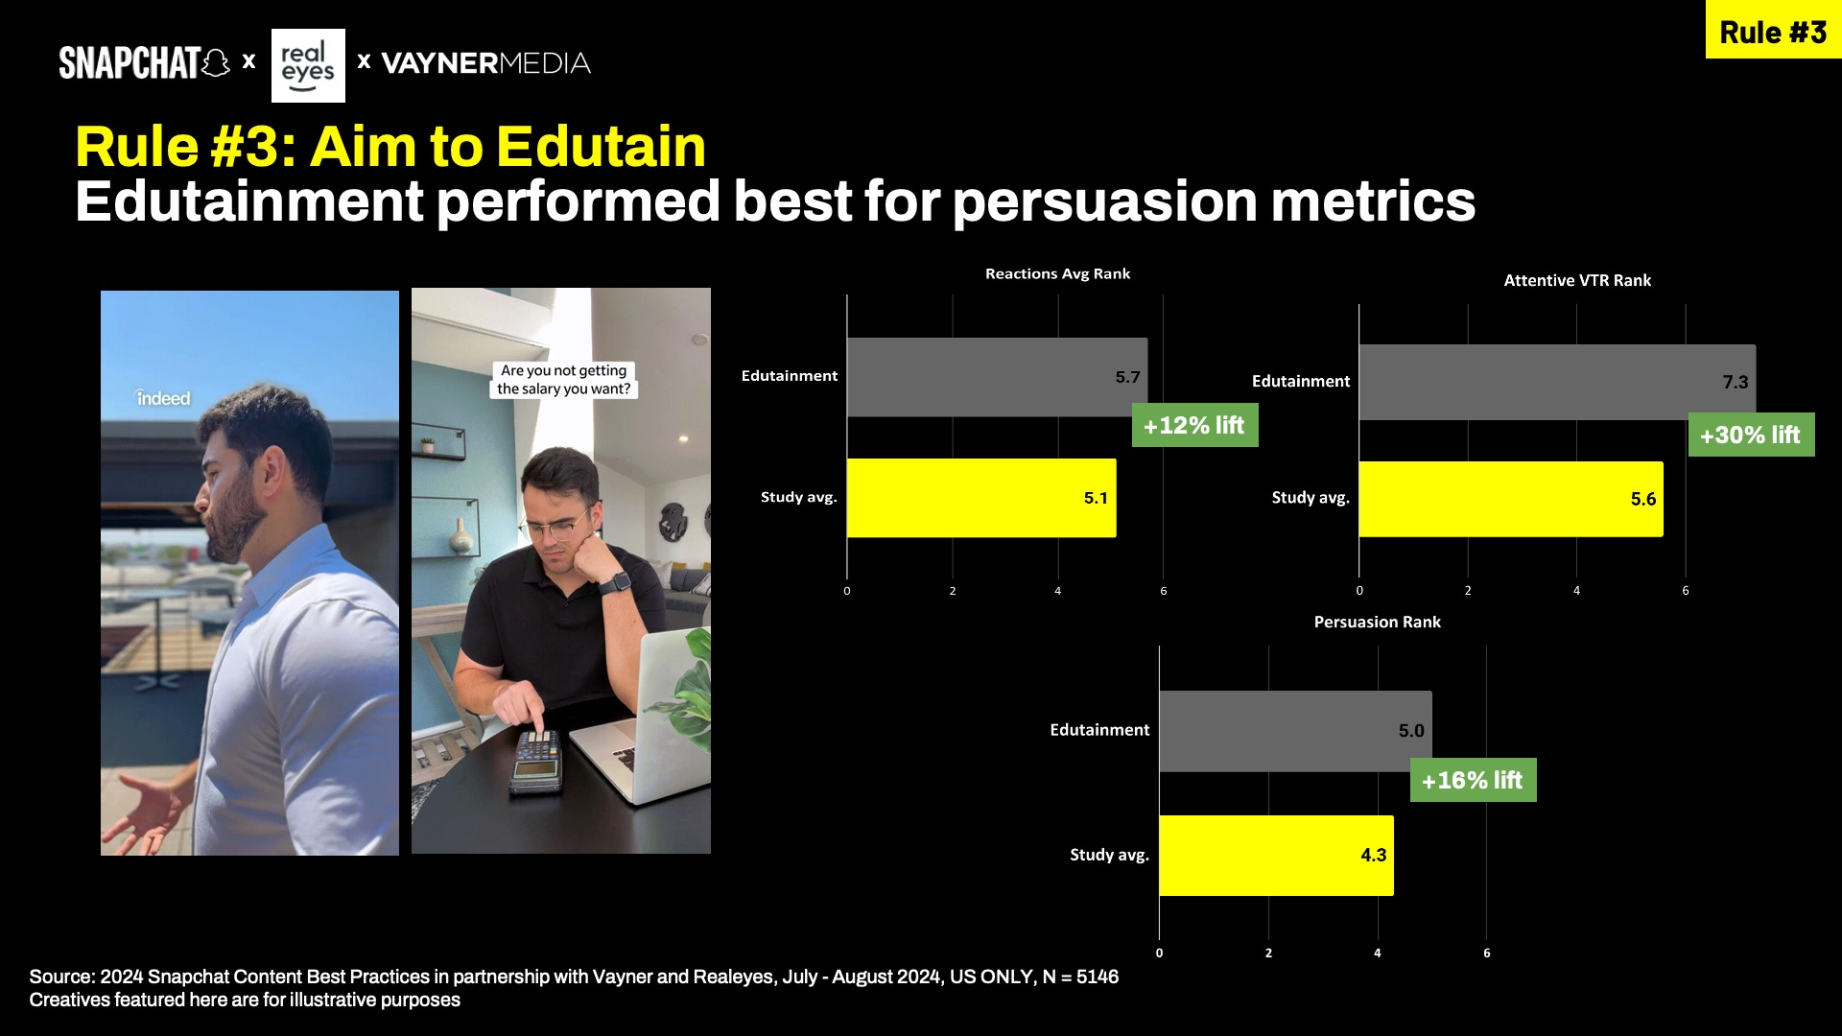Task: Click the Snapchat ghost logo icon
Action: pyautogui.click(x=216, y=63)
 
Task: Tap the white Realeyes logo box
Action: pyautogui.click(x=308, y=65)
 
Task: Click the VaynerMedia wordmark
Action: pyautogui.click(x=485, y=63)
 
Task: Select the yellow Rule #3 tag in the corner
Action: pyautogui.click(x=1773, y=31)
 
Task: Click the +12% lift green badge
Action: pyautogui.click(x=1194, y=425)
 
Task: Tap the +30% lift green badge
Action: pyautogui.click(x=1751, y=435)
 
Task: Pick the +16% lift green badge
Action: pyautogui.click(x=1473, y=780)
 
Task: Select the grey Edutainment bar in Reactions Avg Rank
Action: pyautogui.click(x=997, y=377)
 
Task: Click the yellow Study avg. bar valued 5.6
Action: pyautogui.click(x=1511, y=499)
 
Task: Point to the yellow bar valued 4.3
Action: pyautogui.click(x=1276, y=856)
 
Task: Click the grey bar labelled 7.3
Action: pyautogui.click(x=1557, y=382)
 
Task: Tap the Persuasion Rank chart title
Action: pyautogui.click(x=1377, y=623)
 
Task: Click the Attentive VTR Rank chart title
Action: pyautogui.click(x=1577, y=280)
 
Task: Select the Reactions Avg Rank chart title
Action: pyautogui.click(x=1057, y=274)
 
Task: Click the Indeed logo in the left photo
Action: pyautogui.click(x=163, y=398)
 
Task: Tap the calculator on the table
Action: pyautogui.click(x=535, y=762)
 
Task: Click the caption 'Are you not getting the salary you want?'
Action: pyautogui.click(x=564, y=380)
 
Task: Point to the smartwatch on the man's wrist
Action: pyautogui.click(x=615, y=582)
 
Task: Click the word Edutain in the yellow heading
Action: pyautogui.click(x=602, y=147)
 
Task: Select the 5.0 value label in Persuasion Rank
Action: pyautogui.click(x=1411, y=731)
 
